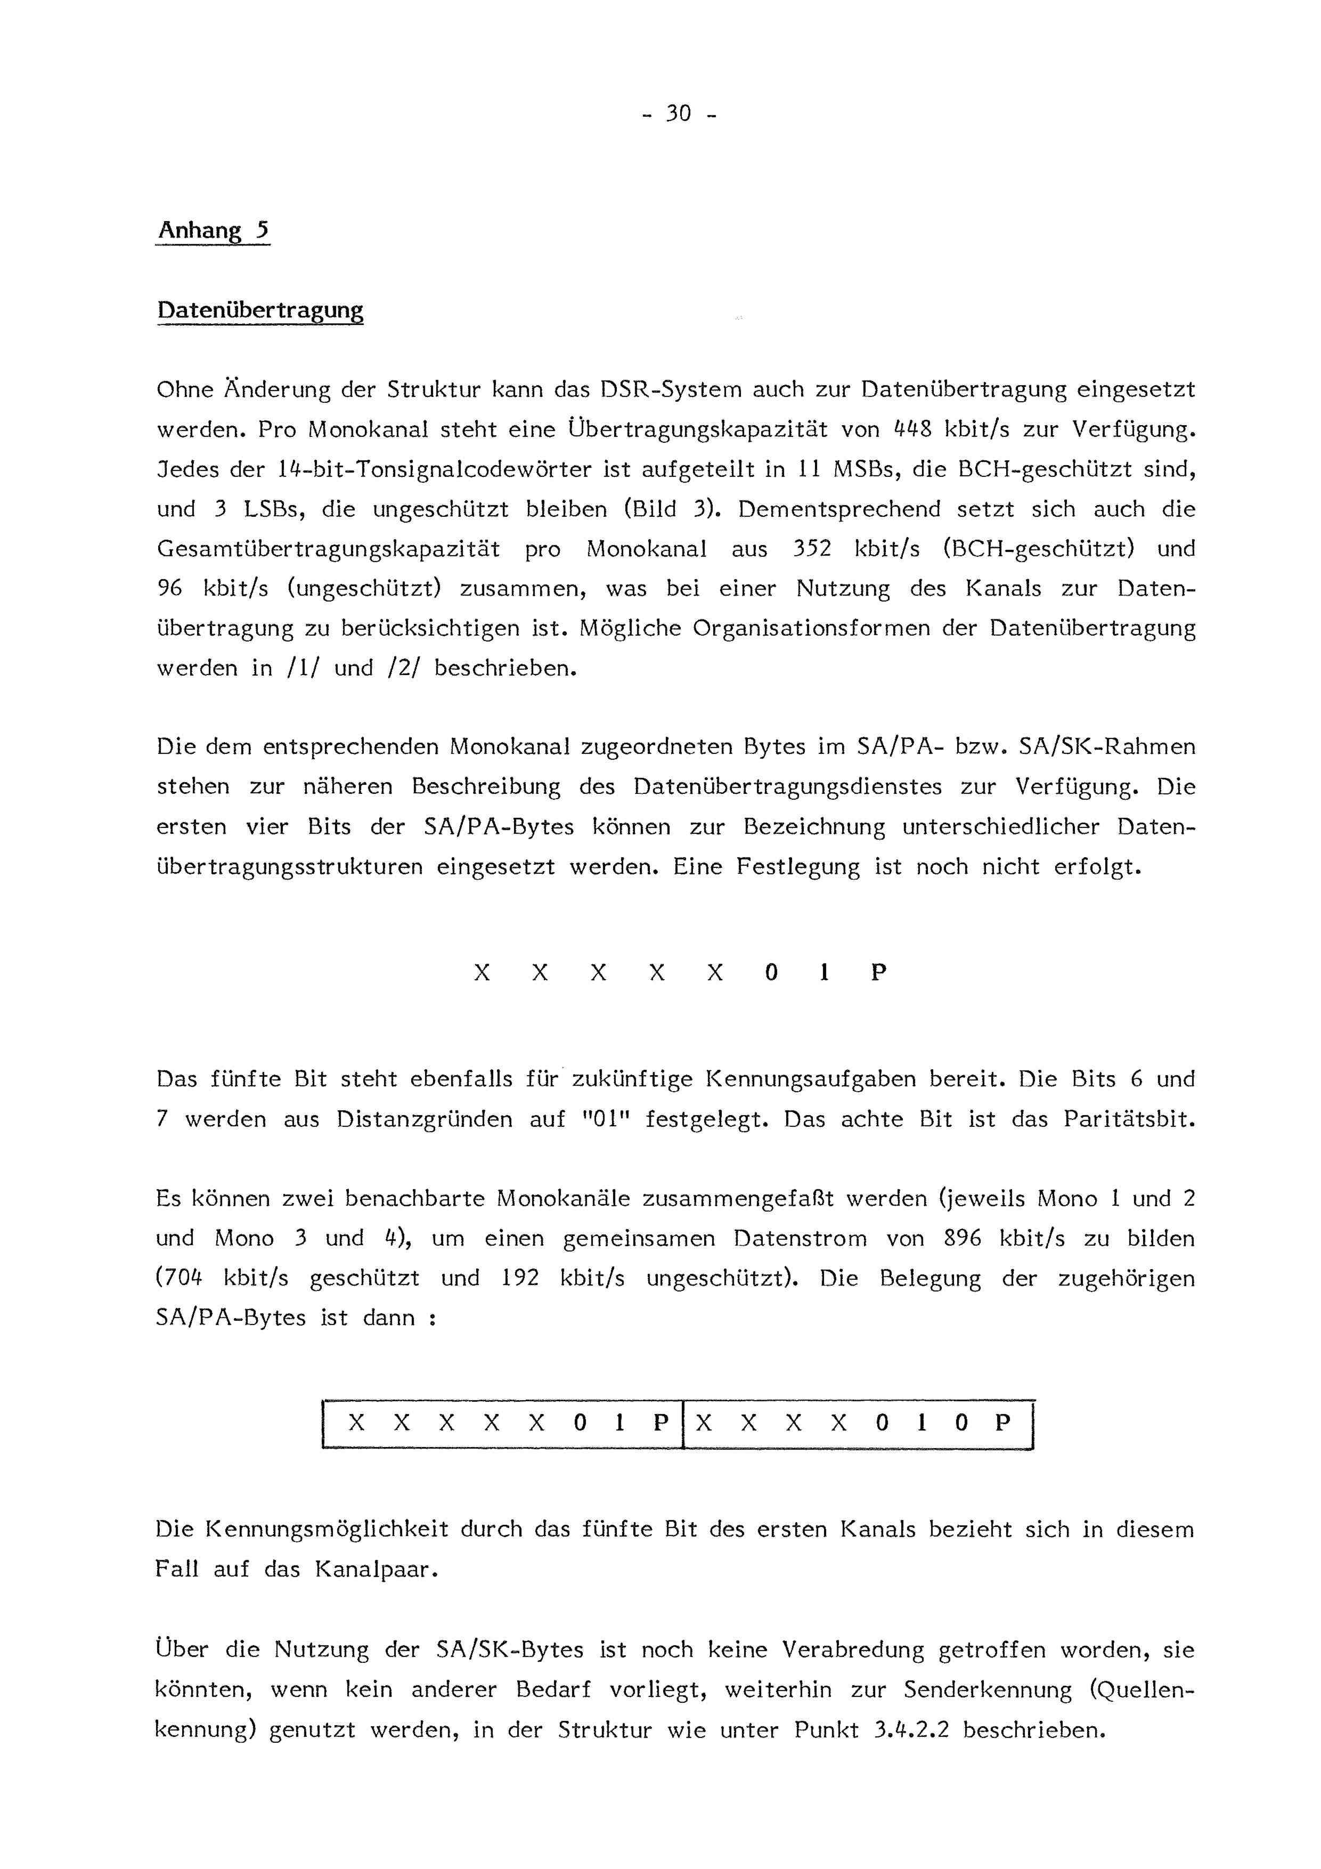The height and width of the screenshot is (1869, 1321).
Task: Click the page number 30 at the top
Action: pyautogui.click(x=678, y=113)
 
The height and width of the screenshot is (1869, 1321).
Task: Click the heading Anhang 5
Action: pyautogui.click(x=213, y=231)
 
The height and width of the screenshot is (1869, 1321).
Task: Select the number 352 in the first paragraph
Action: pyautogui.click(x=811, y=549)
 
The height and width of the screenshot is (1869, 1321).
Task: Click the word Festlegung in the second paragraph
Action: pyautogui.click(x=797, y=867)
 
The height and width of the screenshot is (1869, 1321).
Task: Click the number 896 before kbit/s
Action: pyautogui.click(x=962, y=1239)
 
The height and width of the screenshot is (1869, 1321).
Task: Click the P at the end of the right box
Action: pyautogui.click(x=1003, y=1422)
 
